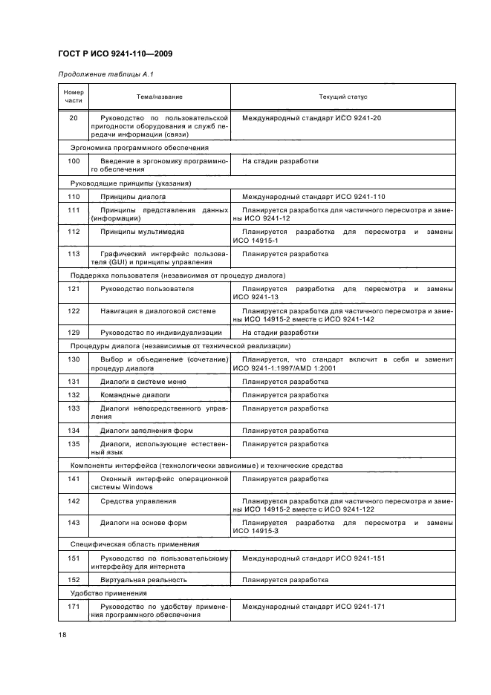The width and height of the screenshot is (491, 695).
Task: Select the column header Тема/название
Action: tap(159, 97)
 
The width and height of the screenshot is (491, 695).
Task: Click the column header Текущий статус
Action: tap(342, 97)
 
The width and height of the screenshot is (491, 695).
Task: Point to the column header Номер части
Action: tap(74, 97)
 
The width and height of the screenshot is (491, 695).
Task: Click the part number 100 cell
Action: tap(74, 160)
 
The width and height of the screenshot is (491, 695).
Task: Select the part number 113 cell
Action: tap(74, 253)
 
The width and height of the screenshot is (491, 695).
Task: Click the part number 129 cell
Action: tap(74, 333)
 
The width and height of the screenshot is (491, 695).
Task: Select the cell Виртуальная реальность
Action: tap(143, 580)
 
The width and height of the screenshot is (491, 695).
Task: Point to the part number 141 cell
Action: tap(74, 479)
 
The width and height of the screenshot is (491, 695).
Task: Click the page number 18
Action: tap(62, 635)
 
